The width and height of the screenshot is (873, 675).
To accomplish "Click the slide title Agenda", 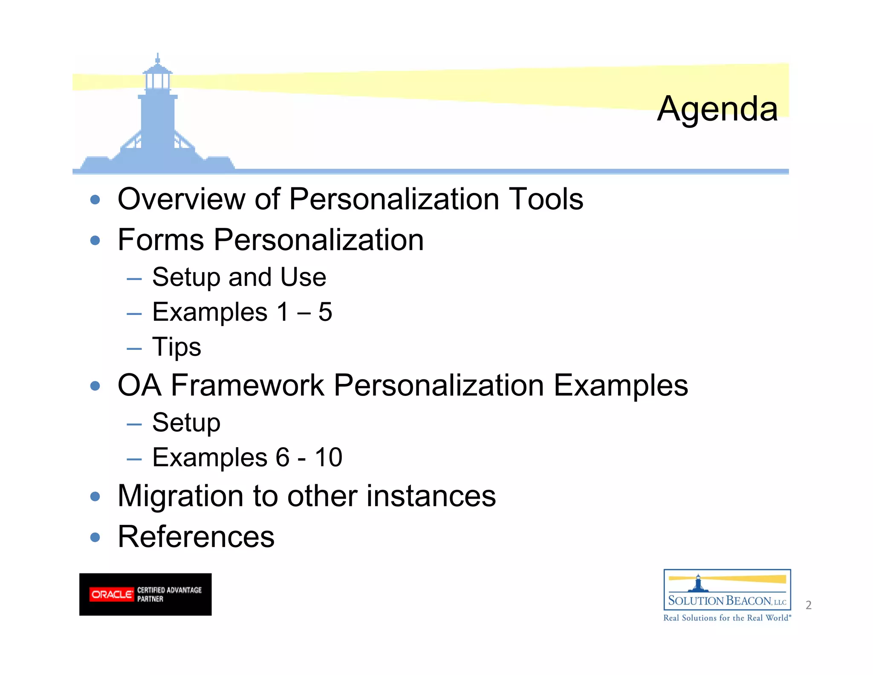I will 717,109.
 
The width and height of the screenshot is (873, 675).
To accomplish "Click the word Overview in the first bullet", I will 181,199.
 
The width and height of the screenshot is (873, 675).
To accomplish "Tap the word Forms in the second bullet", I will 161,240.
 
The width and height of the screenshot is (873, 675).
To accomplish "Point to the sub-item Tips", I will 176,347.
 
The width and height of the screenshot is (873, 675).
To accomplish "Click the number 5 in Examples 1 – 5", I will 325,312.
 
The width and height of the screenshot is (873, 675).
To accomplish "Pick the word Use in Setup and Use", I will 303,277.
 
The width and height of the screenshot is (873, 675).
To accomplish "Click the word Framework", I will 247,386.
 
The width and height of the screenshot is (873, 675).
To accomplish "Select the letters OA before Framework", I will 139,386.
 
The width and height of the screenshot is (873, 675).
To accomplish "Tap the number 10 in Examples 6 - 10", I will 328,457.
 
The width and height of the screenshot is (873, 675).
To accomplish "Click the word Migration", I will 181,496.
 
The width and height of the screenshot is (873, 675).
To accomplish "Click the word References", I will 196,537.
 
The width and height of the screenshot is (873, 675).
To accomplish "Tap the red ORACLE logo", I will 111,594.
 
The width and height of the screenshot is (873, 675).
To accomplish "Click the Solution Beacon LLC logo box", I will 727,590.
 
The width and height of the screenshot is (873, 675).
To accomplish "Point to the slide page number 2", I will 808,605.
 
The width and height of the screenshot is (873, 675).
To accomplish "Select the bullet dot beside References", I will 95,537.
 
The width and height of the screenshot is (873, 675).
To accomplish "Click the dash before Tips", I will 134,348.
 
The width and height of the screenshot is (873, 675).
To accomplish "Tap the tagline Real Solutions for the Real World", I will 727,618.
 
